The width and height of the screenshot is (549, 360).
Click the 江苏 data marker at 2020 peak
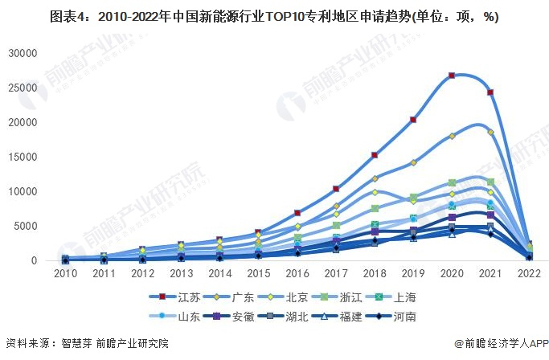[452, 76]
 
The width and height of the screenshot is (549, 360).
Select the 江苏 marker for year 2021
[490, 92]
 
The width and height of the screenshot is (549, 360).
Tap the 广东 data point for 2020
[452, 137]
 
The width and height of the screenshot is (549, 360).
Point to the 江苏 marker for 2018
[375, 155]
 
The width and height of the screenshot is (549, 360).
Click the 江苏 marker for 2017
[336, 189]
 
